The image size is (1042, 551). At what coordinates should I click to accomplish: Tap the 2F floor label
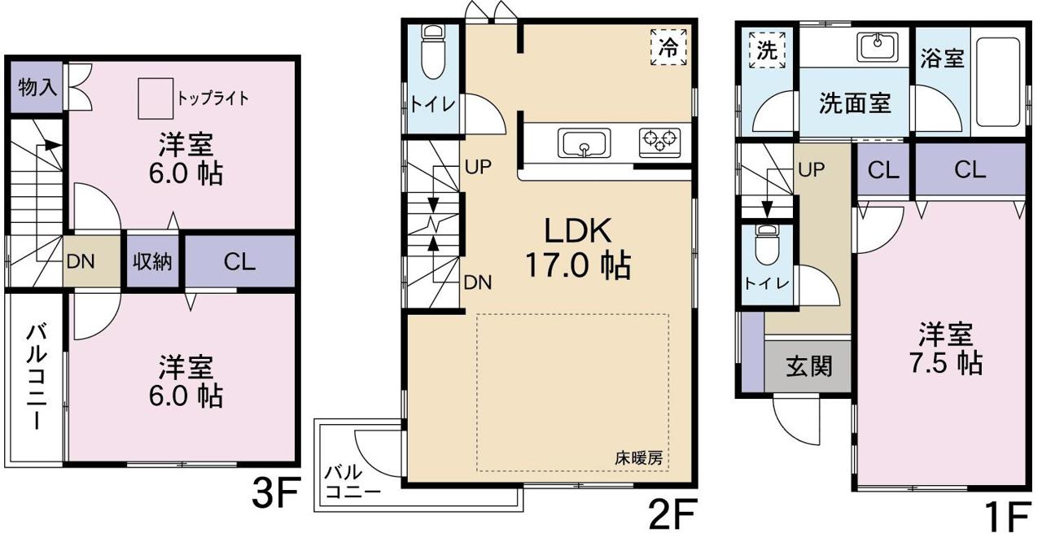coord(672,514)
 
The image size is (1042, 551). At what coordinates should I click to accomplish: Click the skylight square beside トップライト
coord(155,98)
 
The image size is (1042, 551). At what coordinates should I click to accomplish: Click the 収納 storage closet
coord(152,262)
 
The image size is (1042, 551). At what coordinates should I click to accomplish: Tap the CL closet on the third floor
coord(240,262)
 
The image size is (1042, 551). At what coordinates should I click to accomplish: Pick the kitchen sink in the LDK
coord(584,144)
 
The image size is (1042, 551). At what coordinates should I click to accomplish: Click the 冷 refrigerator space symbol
coord(669,48)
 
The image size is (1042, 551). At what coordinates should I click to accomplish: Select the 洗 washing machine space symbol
coord(767,50)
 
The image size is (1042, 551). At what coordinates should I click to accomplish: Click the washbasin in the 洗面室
coord(878,47)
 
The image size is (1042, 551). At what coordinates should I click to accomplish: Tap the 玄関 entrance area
coord(808,366)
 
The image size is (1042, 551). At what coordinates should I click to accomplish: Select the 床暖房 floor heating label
coord(639,458)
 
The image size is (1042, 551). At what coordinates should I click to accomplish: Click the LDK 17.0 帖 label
coord(578,248)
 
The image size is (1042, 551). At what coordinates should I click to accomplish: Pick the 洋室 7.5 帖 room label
coord(946,348)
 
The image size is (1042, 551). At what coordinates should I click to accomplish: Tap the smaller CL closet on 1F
coord(883,170)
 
